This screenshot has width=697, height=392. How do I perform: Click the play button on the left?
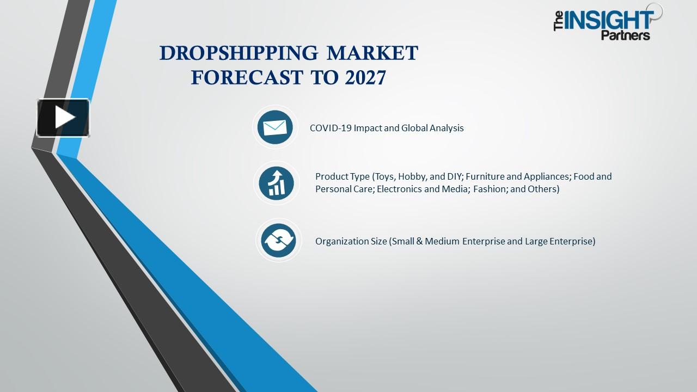[x=63, y=118]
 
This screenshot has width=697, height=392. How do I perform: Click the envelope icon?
[x=275, y=127]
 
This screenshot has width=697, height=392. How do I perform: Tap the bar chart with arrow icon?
[x=277, y=183]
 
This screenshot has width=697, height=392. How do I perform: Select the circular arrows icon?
[x=278, y=241]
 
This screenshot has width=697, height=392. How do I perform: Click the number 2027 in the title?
[x=365, y=78]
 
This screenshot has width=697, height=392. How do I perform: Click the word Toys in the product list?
[x=384, y=176]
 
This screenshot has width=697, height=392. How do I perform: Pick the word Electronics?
[x=400, y=189]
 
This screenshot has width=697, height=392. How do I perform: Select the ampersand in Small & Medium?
[x=419, y=241]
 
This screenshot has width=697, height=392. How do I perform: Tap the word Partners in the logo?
[x=626, y=36]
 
